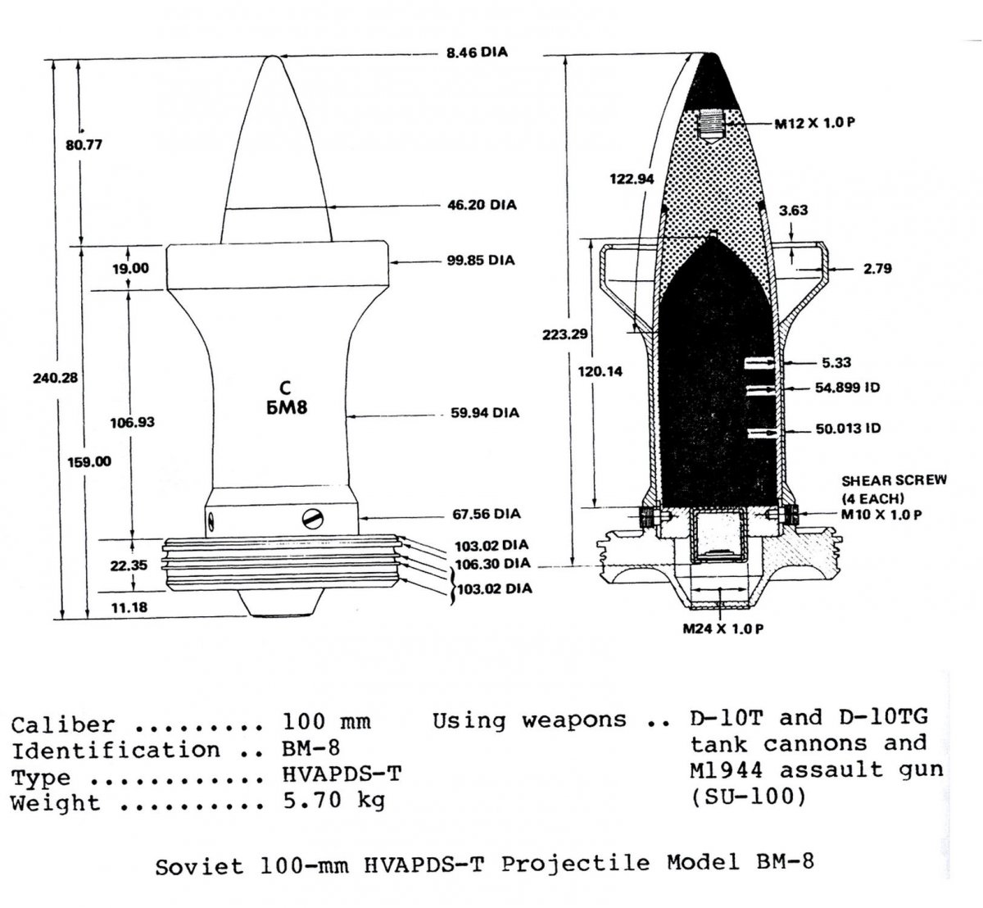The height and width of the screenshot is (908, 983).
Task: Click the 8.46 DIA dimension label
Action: (477, 52)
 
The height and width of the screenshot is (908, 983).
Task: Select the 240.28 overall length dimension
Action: (56, 378)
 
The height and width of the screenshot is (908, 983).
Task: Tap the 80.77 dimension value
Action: (84, 145)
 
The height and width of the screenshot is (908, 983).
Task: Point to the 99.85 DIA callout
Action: (481, 261)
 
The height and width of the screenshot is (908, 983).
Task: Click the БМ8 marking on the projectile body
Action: (287, 407)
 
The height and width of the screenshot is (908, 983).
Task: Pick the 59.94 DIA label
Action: (485, 413)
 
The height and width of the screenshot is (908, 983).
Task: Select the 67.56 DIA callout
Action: (486, 514)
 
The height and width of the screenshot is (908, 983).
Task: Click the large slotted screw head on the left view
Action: (313, 519)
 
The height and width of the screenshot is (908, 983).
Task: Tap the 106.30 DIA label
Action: (492, 564)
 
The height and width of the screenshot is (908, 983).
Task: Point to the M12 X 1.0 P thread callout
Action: (815, 123)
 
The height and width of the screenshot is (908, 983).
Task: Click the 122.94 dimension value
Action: (632, 179)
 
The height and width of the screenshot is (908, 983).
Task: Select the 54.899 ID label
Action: (847, 388)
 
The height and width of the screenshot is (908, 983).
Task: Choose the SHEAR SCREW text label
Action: (894, 480)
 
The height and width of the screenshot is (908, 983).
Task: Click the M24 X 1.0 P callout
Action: (723, 629)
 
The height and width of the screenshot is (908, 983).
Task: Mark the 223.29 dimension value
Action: (564, 335)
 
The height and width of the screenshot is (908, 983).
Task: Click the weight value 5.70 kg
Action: (334, 801)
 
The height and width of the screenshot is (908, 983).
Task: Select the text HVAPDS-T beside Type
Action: (342, 774)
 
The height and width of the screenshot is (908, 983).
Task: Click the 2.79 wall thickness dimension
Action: (877, 269)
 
